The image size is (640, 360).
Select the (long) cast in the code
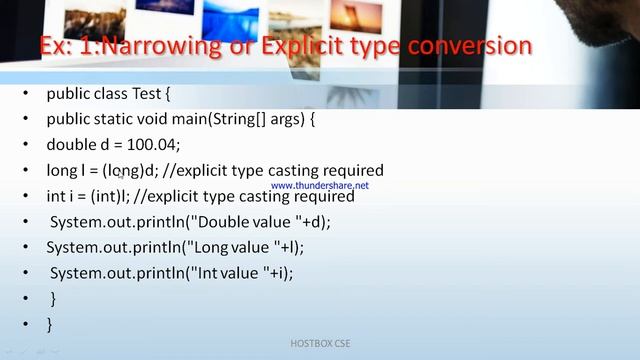pyautogui.click(x=124, y=171)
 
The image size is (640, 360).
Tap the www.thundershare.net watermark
pyautogui.click(x=319, y=186)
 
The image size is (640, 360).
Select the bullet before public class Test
pyautogui.click(x=25, y=94)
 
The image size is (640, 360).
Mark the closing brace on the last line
pyautogui.click(x=49, y=324)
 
